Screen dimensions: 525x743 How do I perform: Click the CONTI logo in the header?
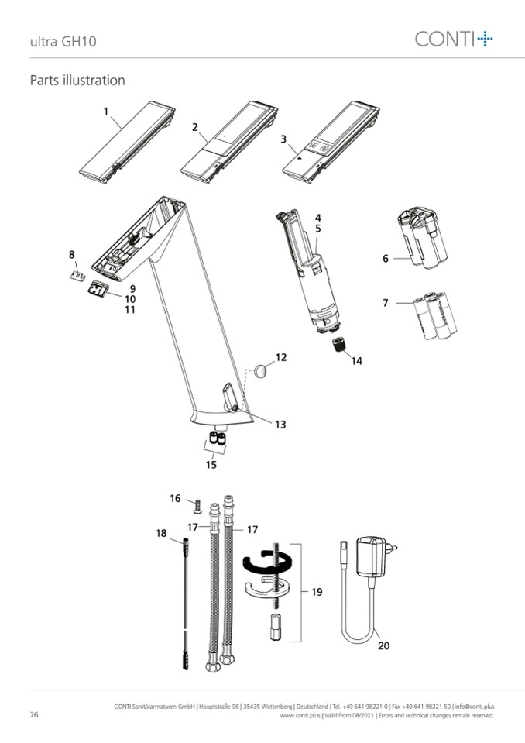pyautogui.click(x=454, y=39)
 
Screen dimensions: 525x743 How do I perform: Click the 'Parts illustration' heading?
pyautogui.click(x=77, y=80)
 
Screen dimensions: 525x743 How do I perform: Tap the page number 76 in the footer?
pyautogui.click(x=34, y=714)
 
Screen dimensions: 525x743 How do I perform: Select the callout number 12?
pyautogui.click(x=281, y=357)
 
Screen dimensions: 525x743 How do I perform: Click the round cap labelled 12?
pyautogui.click(x=261, y=371)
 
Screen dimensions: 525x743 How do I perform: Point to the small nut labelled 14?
pyautogui.click(x=338, y=345)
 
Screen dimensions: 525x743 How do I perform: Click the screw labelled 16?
pyautogui.click(x=197, y=506)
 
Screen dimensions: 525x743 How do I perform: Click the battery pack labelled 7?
pyautogui.click(x=434, y=315)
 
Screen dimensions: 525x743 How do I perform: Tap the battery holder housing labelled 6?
pyautogui.click(x=423, y=238)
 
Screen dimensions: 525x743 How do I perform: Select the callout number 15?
pyautogui.click(x=211, y=464)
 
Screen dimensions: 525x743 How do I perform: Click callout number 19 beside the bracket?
pyautogui.click(x=317, y=592)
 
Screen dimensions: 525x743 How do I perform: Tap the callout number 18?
pyautogui.click(x=161, y=534)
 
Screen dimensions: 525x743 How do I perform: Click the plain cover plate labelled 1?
pyautogui.click(x=127, y=142)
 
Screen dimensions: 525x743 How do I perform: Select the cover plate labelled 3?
pyautogui.click(x=331, y=142)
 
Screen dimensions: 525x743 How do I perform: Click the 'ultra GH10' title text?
pyautogui.click(x=63, y=41)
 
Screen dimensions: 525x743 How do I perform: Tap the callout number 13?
pyautogui.click(x=281, y=425)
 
